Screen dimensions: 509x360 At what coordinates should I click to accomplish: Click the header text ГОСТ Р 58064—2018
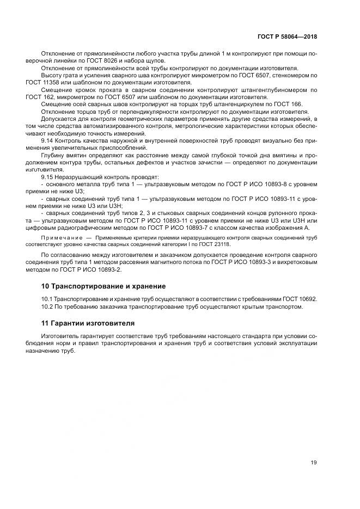(x=288, y=36)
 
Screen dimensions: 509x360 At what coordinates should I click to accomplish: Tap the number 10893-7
(x=217, y=227)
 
